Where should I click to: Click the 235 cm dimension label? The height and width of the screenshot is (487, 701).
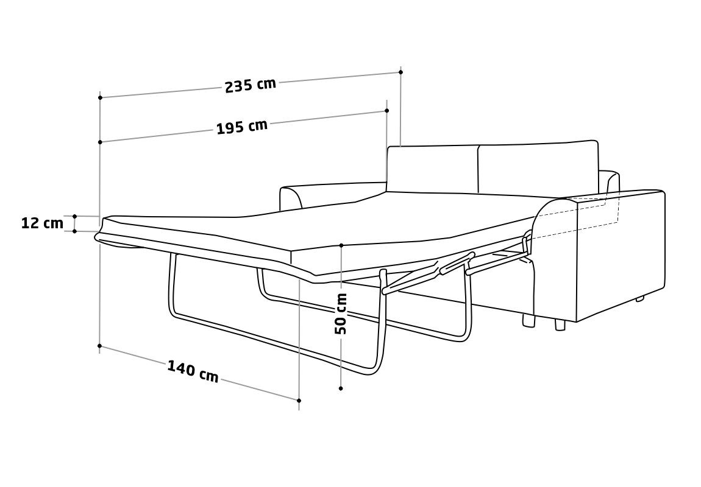tap(251, 85)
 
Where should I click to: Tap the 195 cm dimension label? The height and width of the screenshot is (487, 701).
tap(242, 127)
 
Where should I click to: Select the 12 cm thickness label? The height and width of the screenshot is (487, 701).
tap(43, 223)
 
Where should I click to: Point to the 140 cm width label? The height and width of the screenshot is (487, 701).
tap(193, 371)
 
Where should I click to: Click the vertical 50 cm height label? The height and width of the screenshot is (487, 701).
tap(341, 314)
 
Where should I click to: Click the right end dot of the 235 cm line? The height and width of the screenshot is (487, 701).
tap(401, 71)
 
